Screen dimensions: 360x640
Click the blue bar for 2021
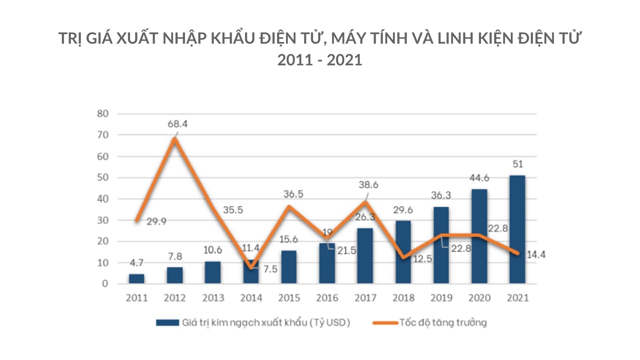pyautogui.click(x=517, y=230)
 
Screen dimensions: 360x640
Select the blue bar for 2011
pyautogui.click(x=137, y=279)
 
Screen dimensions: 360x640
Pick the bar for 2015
pyautogui.click(x=289, y=267)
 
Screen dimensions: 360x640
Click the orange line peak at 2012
pyautogui.click(x=175, y=139)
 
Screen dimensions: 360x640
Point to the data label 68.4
pyautogui.click(x=177, y=124)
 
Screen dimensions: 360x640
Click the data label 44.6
pyautogui.click(x=479, y=178)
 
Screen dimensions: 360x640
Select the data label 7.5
pyautogui.click(x=270, y=269)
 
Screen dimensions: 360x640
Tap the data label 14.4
pyautogui.click(x=536, y=255)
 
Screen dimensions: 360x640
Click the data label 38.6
pyautogui.click(x=368, y=185)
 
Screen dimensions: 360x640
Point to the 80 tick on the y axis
pyautogui.click(x=103, y=114)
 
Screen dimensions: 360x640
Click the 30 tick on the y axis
pyautogui.click(x=103, y=220)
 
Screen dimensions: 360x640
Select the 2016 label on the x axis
pyautogui.click(x=327, y=298)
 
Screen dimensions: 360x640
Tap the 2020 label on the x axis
pyautogui.click(x=479, y=298)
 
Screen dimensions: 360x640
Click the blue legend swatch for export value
pyautogui.click(x=167, y=323)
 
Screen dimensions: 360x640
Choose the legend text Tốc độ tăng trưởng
pyautogui.click(x=443, y=323)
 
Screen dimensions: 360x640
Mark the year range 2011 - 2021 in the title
pyautogui.click(x=320, y=60)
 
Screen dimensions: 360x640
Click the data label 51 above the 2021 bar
pyautogui.click(x=517, y=164)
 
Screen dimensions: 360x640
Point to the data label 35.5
pyautogui.click(x=233, y=210)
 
